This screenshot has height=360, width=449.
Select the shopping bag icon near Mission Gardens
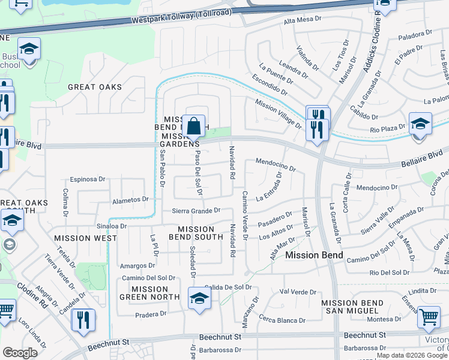click(194, 127)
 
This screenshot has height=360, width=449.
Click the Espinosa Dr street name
click(87, 179)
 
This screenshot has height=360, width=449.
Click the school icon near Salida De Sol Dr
click(199, 298)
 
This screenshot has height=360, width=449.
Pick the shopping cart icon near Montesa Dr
click(428, 317)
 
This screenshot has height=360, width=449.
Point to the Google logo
click(20, 353)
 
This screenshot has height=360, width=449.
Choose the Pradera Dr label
click(150, 314)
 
